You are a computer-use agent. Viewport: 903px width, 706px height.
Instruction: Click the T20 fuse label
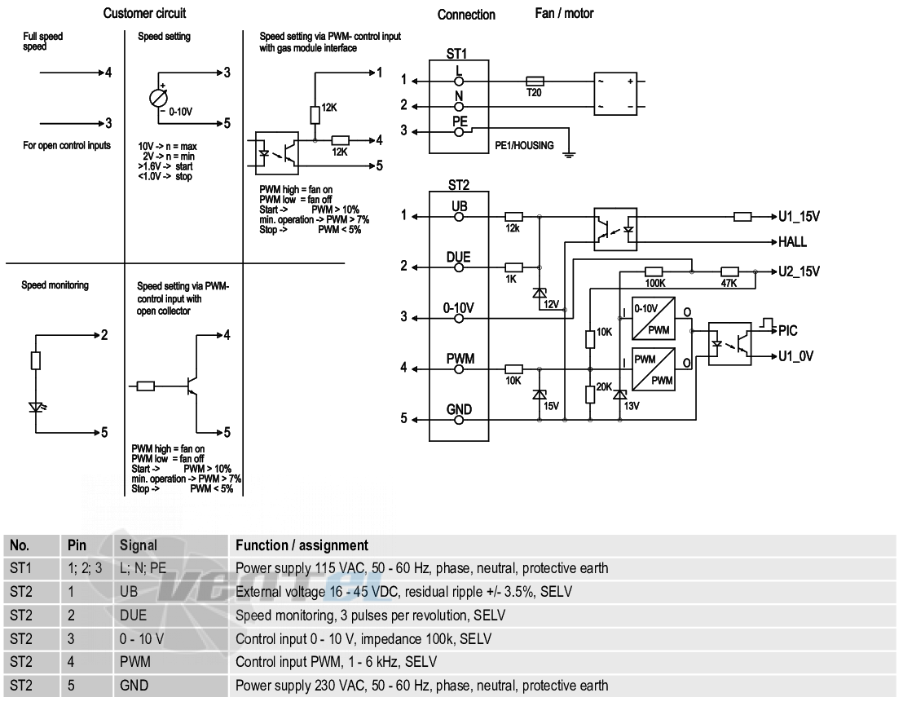(x=534, y=92)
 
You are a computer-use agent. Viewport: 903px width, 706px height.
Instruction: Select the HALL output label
(x=792, y=242)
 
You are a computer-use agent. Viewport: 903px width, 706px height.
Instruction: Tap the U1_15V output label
(x=799, y=217)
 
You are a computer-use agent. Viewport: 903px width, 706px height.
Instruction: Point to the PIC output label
(x=788, y=330)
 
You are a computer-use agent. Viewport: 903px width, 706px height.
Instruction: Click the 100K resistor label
(x=654, y=283)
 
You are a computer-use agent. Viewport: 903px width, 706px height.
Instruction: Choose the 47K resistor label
(x=729, y=283)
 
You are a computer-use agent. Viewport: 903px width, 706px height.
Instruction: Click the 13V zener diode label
(x=632, y=406)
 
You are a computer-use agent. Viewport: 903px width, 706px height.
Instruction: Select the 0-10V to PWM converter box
(x=654, y=319)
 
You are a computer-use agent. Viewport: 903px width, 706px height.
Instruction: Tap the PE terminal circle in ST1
(x=459, y=132)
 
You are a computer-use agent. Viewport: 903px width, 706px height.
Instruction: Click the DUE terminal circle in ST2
(x=459, y=267)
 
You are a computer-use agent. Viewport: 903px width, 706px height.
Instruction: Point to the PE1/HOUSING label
(x=524, y=145)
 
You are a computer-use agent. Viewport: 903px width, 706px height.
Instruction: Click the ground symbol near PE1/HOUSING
(x=569, y=154)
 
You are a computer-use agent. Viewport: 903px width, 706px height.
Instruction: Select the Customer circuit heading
(x=144, y=13)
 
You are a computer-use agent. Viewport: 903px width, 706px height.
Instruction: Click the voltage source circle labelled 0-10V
(x=158, y=99)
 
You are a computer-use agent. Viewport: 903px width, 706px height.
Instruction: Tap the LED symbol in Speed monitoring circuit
(x=37, y=407)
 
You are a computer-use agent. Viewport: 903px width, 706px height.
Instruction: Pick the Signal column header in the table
(x=139, y=545)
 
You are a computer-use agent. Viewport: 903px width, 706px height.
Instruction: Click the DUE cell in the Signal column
(x=133, y=615)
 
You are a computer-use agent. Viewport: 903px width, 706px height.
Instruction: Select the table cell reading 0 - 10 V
(x=142, y=638)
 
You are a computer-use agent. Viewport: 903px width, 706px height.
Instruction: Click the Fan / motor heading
(x=564, y=13)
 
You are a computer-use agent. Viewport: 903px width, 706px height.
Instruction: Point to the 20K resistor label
(x=604, y=386)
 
